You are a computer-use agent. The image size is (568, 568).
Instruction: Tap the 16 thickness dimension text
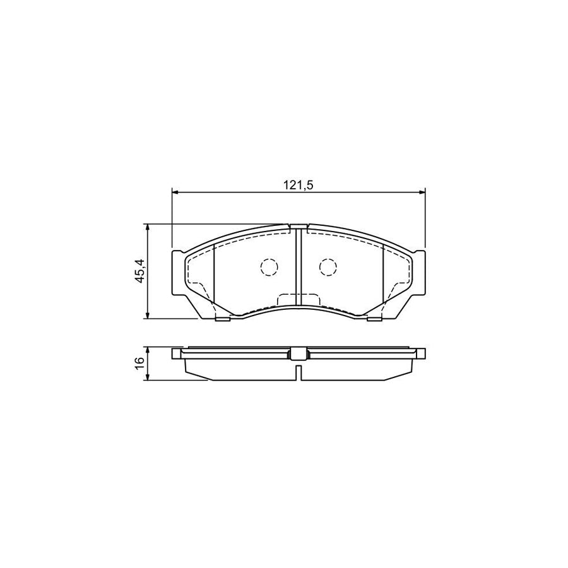click(140, 363)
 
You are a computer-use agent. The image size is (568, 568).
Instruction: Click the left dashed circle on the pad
click(269, 268)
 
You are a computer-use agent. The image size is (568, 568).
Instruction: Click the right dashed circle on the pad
click(327, 268)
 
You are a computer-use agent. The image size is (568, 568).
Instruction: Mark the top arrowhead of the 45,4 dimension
click(148, 227)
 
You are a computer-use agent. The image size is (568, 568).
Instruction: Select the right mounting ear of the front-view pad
click(418, 271)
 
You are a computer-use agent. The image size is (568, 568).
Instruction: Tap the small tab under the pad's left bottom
click(222, 319)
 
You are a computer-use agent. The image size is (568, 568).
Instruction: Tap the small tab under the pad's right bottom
click(374, 319)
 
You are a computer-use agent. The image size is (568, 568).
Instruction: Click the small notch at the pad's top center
click(298, 226)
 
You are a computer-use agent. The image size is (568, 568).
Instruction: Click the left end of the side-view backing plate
click(177, 353)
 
